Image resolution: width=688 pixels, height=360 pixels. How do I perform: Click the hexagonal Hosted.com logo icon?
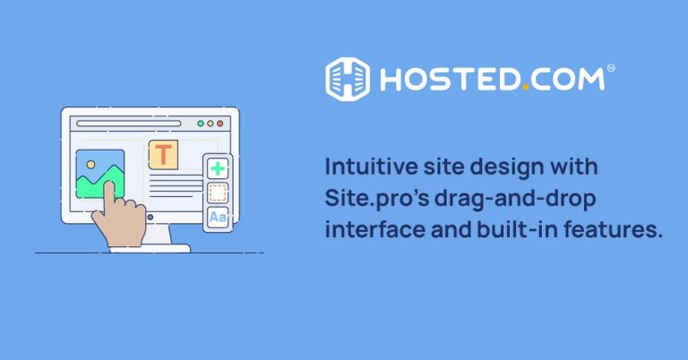[x=348, y=80]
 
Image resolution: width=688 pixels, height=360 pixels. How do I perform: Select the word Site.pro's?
[x=377, y=199]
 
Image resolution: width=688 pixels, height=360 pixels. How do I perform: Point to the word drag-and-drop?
[x=516, y=199]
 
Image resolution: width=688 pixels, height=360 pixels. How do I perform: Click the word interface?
[x=375, y=229]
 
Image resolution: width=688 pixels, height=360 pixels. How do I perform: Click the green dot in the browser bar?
[x=201, y=124]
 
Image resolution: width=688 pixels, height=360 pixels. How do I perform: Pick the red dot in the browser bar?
[x=220, y=124]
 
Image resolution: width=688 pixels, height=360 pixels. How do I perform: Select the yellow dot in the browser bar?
[x=211, y=124]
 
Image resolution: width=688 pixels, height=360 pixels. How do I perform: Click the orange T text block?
[x=163, y=154]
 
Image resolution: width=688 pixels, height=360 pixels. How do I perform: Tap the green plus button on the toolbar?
[x=218, y=168]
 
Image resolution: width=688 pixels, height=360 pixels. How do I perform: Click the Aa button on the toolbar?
[x=218, y=217]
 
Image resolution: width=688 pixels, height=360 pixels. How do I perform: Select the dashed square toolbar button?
[x=218, y=193]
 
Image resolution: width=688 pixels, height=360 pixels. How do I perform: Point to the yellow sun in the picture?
[x=90, y=165]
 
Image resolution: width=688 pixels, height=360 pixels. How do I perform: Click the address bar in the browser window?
[x=129, y=124]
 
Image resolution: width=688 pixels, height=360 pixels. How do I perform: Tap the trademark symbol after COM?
[x=611, y=68]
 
